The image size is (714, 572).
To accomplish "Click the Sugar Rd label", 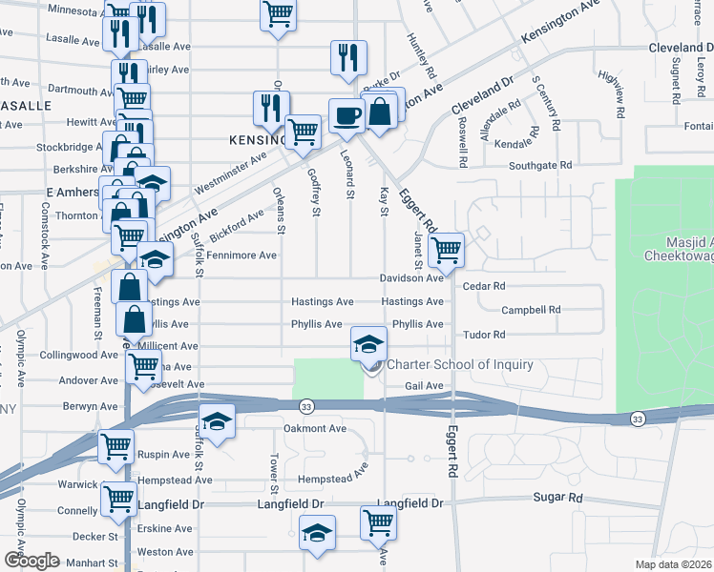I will (x=558, y=498).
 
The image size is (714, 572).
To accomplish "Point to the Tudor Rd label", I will (x=483, y=335).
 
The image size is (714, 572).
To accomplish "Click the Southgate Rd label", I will (x=541, y=165).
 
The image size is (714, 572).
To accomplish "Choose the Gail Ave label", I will (x=425, y=385).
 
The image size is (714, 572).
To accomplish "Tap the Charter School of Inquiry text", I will (x=459, y=364).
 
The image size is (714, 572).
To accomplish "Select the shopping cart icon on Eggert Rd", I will (x=446, y=251).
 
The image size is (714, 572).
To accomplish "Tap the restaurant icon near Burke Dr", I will (x=348, y=56).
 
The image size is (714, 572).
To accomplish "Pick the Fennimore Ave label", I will (x=241, y=255).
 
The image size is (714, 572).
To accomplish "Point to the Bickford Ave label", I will (x=237, y=226).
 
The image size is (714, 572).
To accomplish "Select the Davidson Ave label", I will (x=412, y=277).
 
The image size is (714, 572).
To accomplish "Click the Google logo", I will (x=31, y=561).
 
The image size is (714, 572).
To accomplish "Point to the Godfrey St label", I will (x=314, y=190).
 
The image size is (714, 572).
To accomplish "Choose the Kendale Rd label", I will (x=527, y=143).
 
